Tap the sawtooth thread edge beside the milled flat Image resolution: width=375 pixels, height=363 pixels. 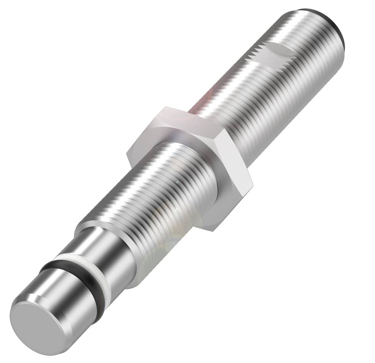[x=263, y=57]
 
